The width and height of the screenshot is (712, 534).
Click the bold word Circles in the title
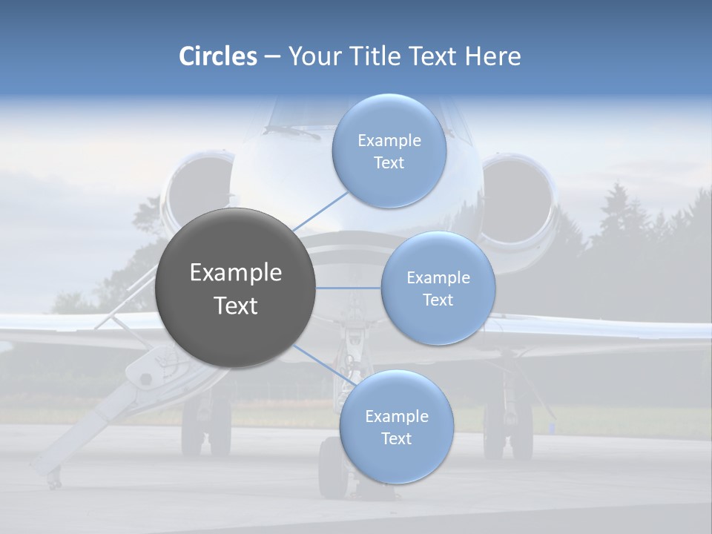coord(217,56)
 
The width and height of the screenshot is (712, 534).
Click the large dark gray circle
coord(236,288)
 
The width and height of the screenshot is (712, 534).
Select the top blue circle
coord(389,151)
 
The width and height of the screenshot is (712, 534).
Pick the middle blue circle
coord(438,289)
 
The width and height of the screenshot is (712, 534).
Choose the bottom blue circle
coord(396,427)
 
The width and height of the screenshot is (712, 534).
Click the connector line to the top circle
coord(320,213)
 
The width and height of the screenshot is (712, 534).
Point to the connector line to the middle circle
coord(349,288)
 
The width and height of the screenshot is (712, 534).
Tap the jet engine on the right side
coord(519,197)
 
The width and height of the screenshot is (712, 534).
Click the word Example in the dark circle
coord(236,273)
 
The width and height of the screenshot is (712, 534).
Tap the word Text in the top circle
coord(389,163)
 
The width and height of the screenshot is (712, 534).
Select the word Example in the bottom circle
coord(396,416)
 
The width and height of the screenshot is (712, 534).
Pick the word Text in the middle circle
coord(438,300)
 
